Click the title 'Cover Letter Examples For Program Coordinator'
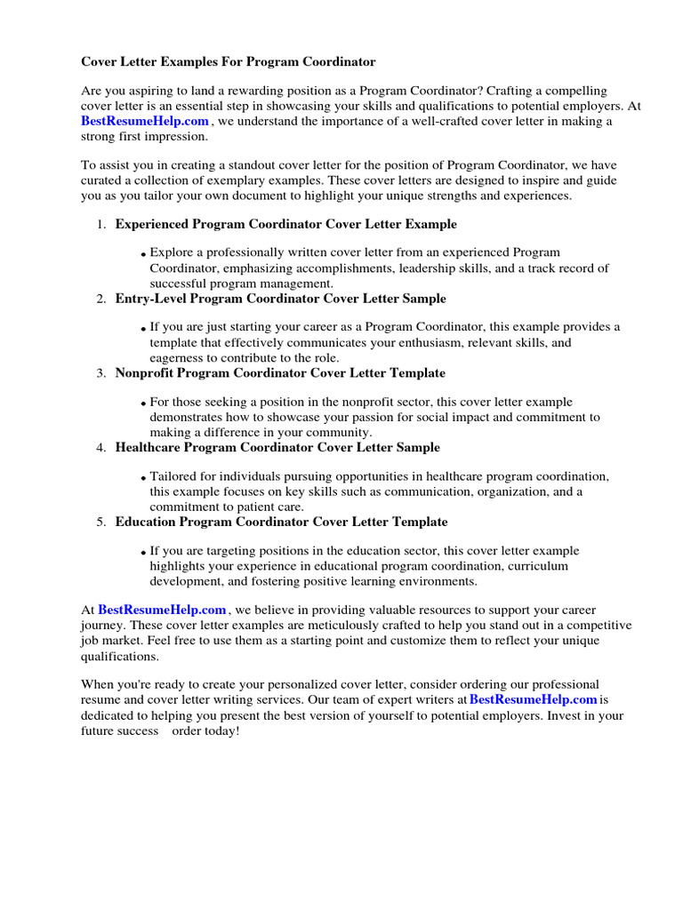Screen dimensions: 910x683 pos(229,61)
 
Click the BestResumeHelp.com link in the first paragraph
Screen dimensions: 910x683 pos(145,121)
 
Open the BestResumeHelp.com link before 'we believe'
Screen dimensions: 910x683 pos(162,610)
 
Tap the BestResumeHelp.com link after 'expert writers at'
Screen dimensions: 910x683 pos(533,699)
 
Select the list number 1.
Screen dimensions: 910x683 pos(101,225)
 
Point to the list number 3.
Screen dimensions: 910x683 pos(101,373)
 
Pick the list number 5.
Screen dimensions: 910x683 pos(101,522)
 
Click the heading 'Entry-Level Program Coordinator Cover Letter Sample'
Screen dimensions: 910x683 pos(280,299)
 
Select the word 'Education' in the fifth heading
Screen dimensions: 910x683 pos(144,522)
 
